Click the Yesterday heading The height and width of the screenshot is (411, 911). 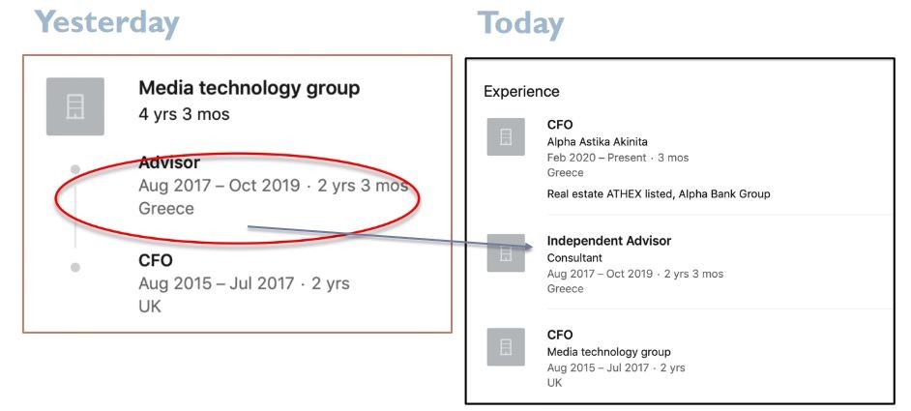point(106,23)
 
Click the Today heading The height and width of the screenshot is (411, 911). point(520,24)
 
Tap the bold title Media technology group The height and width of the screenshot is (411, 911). point(250,88)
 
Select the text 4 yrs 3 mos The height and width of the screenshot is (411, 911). point(184,114)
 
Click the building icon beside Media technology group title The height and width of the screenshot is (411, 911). point(74,106)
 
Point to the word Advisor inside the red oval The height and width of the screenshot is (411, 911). point(169,162)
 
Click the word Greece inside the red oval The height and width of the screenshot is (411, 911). point(166,208)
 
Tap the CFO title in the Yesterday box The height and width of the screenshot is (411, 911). point(156,260)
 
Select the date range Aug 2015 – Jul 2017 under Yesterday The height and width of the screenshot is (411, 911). point(216,283)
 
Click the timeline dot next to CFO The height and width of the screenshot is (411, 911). point(74,268)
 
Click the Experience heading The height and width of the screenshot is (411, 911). point(521,92)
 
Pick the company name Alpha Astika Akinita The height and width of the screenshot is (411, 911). point(598,142)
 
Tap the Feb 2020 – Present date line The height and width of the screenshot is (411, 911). point(618,158)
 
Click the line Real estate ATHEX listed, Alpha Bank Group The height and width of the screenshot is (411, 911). point(659,194)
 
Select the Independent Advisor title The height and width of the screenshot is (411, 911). point(609,241)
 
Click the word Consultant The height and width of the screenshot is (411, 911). point(574,258)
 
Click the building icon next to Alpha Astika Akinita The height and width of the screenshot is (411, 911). point(506,136)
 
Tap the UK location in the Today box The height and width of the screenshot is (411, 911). point(554,383)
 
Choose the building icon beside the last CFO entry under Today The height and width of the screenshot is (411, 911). point(506,347)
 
